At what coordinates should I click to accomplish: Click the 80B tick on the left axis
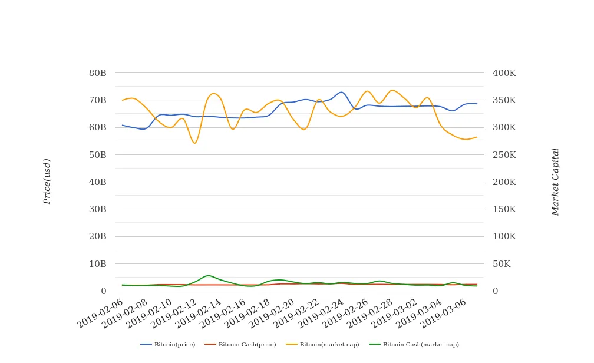(97, 73)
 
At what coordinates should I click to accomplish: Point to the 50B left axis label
(97, 154)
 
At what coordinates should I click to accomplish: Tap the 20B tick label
(97, 236)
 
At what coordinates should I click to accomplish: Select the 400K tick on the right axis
(504, 73)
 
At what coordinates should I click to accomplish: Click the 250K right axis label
(504, 154)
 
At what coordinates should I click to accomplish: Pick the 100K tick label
(504, 236)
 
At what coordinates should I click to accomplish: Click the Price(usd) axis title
(48, 181)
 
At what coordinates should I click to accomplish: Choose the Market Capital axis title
(555, 181)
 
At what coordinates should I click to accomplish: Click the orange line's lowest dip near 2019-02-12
(194, 143)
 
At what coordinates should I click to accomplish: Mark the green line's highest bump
(207, 275)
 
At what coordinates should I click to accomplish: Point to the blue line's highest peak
(341, 92)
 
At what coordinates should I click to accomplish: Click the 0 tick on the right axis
(496, 291)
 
